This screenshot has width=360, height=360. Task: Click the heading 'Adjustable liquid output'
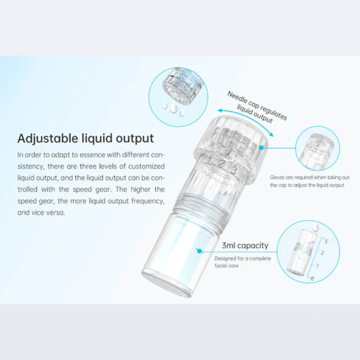(85, 139)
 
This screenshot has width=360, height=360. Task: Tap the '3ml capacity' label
(245, 246)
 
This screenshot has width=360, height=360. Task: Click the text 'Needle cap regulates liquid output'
(256, 107)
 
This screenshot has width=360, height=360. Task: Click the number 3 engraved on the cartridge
(233, 171)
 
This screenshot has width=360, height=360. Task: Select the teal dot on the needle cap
(261, 148)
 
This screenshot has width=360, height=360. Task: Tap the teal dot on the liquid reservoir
(199, 252)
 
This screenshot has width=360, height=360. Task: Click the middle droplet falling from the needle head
(174, 108)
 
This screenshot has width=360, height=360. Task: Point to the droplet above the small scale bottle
(316, 227)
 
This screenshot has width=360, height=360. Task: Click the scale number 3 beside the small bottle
(326, 241)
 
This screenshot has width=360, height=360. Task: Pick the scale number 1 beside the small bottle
(318, 266)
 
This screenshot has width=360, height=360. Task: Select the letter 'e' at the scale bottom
(312, 279)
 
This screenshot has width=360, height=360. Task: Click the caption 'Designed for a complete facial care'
(243, 262)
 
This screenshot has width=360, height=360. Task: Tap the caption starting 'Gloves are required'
(310, 181)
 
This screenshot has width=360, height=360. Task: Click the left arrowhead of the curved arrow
(220, 111)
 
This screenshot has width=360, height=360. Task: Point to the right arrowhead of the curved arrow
(271, 134)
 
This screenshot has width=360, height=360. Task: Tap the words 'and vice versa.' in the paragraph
(41, 212)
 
